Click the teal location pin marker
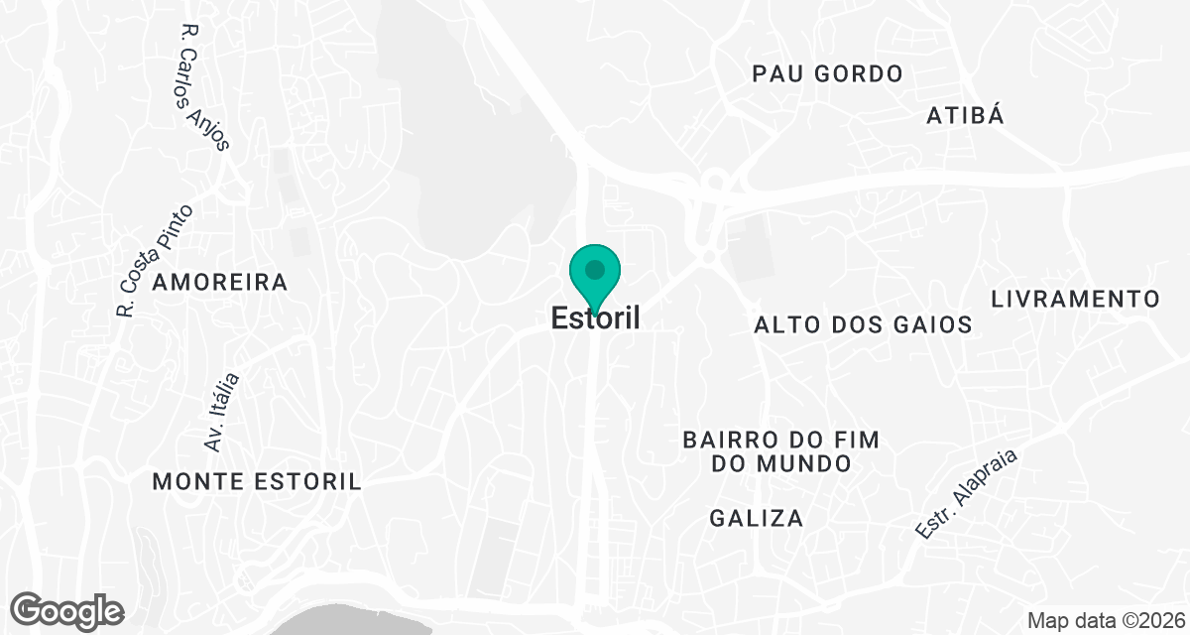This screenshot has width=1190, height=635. [595, 277]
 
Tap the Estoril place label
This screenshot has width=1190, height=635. [595, 318]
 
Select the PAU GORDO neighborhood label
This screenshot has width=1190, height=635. [827, 74]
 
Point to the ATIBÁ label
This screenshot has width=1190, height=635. [965, 115]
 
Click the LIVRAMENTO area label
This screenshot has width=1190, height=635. [1075, 299]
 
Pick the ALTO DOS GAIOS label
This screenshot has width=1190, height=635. [863, 324]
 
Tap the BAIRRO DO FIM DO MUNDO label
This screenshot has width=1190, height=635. [781, 451]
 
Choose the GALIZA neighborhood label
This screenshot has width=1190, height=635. [757, 518]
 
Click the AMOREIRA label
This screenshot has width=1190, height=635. [220, 283]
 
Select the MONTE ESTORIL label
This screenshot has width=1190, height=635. [257, 482]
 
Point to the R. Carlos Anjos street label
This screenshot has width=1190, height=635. [205, 88]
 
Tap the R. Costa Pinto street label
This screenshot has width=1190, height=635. [154, 261]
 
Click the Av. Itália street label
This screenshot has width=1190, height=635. [221, 412]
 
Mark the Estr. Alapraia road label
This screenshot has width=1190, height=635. [966, 491]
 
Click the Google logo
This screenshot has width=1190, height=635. [67, 610]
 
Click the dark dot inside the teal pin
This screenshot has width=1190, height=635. [595, 269]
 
